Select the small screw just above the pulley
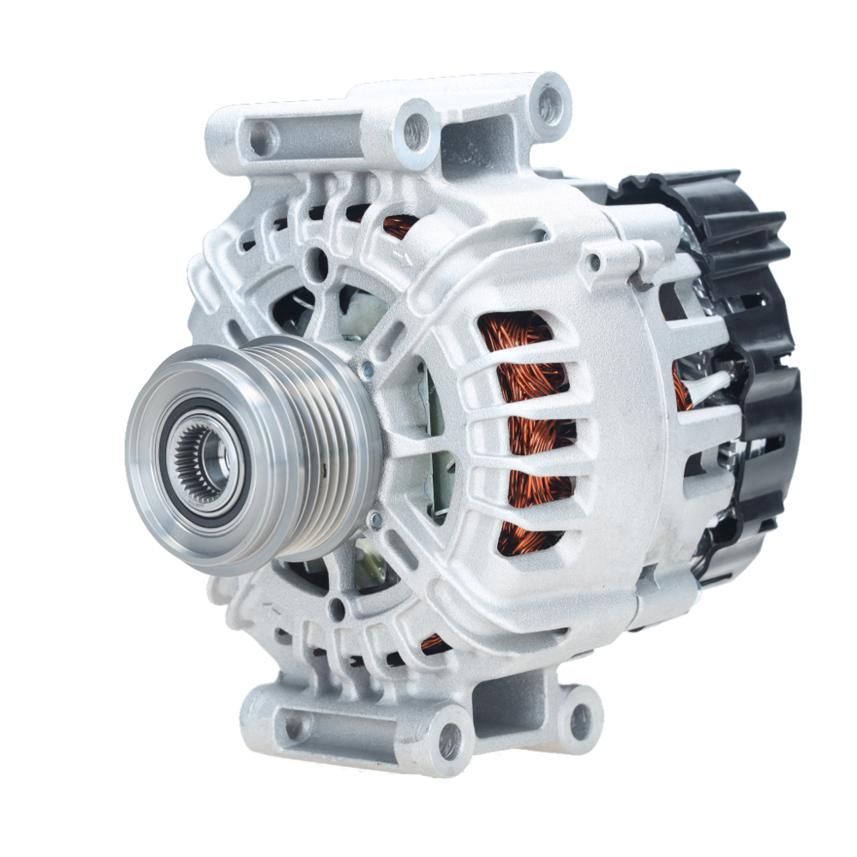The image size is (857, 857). [368, 369]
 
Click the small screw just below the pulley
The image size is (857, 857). [374, 519]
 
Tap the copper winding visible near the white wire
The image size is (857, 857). [682, 386]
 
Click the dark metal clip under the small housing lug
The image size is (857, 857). [638, 279]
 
